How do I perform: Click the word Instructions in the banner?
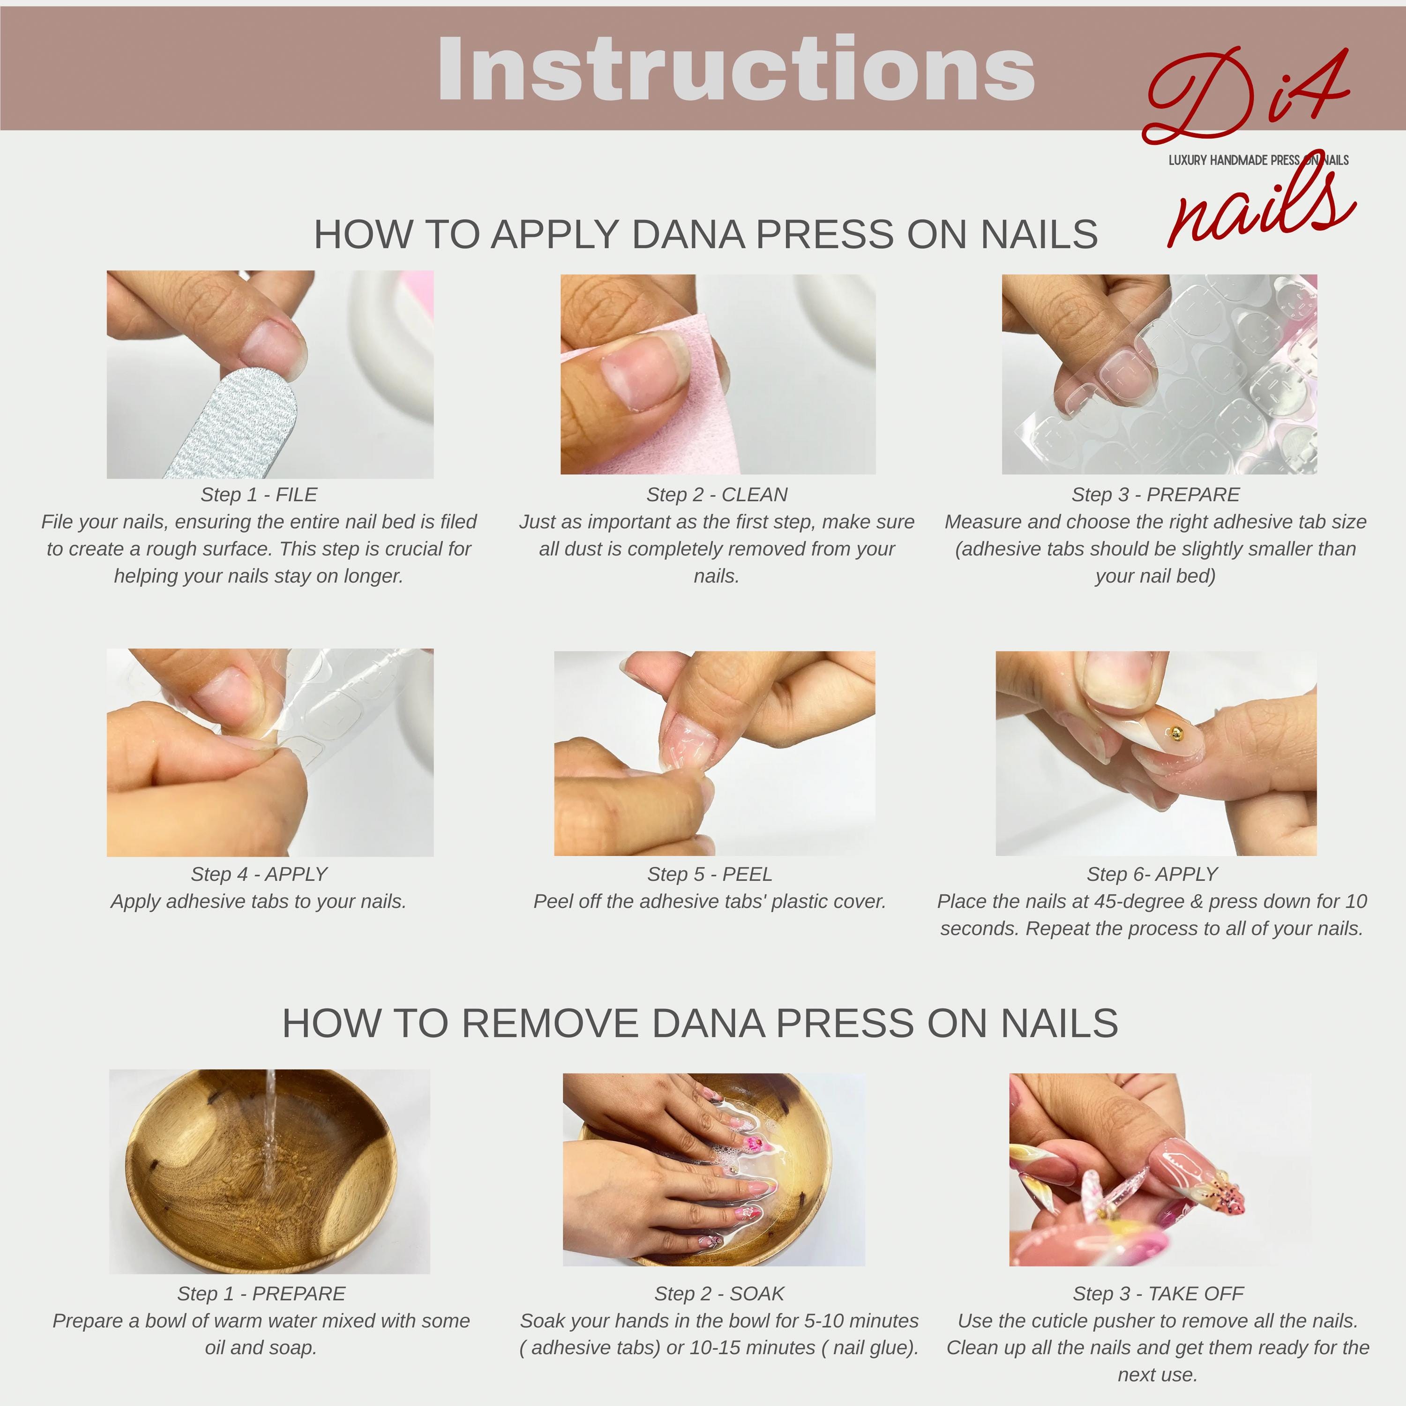(x=736, y=69)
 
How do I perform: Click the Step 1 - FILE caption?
(x=259, y=495)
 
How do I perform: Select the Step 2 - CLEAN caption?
(x=717, y=495)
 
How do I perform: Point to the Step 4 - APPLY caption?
(x=259, y=874)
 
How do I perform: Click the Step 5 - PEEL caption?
(x=710, y=874)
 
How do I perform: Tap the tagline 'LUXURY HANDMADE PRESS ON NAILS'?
(x=1258, y=160)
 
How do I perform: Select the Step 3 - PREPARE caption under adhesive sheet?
(x=1156, y=495)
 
